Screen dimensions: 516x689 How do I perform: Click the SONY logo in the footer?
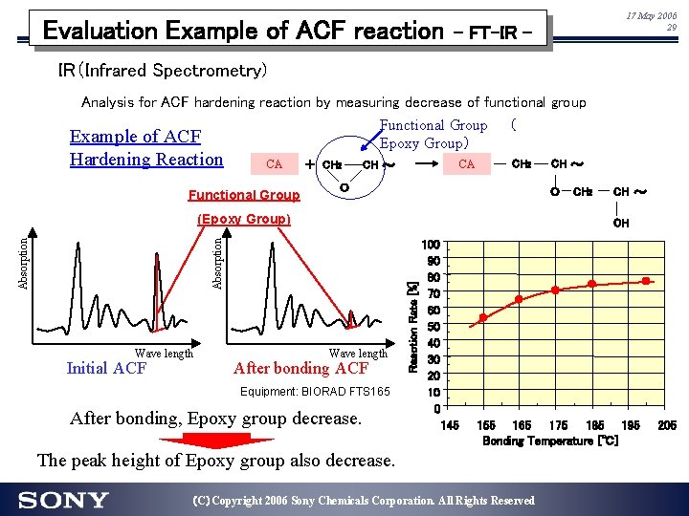point(63,500)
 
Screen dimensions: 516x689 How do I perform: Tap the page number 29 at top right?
point(671,28)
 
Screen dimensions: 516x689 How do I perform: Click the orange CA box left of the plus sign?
point(274,163)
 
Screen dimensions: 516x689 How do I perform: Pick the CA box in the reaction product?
point(466,163)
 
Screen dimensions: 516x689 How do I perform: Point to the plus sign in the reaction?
point(309,164)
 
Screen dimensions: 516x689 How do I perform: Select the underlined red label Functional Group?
point(244,195)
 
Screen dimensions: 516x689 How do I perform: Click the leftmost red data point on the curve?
point(483,317)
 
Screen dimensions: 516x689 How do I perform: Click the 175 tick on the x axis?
point(558,425)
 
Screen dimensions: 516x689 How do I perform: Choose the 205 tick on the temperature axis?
point(666,425)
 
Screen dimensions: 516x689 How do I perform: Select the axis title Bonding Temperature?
point(550,441)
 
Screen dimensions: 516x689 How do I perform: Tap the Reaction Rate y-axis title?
point(412,328)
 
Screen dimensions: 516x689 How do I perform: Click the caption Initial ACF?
point(106,369)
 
